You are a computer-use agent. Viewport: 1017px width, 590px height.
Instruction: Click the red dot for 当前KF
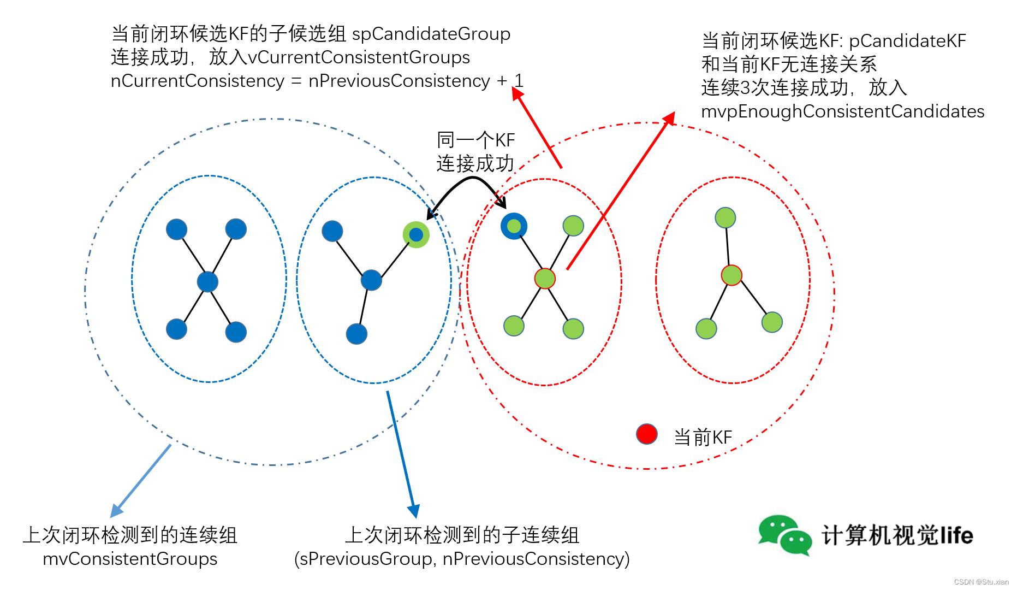(647, 434)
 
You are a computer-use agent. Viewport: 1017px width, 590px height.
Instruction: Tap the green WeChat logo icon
(784, 535)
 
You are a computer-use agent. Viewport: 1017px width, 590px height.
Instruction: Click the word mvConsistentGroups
(130, 558)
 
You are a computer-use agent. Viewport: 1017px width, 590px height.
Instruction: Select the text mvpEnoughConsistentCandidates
(842, 111)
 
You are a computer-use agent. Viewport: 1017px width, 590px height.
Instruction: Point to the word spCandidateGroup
(431, 34)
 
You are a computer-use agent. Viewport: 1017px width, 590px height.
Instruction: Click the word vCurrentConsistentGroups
(359, 57)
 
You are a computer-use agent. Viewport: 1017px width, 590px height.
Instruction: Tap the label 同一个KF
(475, 140)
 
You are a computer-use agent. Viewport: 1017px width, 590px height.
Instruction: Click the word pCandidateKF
(907, 41)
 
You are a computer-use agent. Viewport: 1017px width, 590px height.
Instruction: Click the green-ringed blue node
(416, 235)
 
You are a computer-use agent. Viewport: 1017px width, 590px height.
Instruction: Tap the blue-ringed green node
(514, 226)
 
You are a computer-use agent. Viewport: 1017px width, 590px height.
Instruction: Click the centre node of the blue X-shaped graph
(207, 282)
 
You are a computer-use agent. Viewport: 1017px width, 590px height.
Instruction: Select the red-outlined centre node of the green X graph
(545, 279)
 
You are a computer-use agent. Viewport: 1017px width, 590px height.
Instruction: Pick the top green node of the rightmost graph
(725, 218)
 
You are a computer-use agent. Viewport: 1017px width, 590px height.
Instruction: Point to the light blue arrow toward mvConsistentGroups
(141, 481)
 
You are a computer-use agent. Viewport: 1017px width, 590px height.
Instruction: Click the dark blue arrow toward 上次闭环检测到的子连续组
(402, 453)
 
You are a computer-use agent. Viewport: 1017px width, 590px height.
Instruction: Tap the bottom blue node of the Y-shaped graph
(356, 334)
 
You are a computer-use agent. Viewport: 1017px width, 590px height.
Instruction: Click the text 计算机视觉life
(897, 535)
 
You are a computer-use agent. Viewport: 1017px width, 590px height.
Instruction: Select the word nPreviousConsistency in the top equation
(399, 81)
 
